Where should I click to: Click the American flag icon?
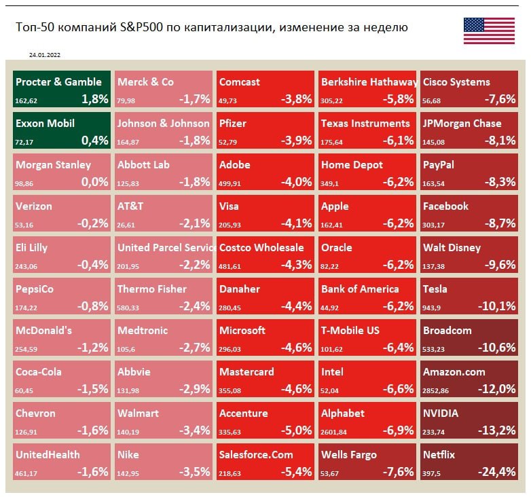pyautogui.click(x=488, y=31)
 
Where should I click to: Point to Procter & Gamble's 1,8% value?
pyautogui.click(x=94, y=98)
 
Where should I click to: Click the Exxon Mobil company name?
pyautogui.click(x=45, y=124)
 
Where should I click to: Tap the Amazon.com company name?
pyautogui.click(x=454, y=372)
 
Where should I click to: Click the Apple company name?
pyautogui.click(x=335, y=206)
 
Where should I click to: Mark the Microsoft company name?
pyautogui.click(x=242, y=331)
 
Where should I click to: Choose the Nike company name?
pyautogui.click(x=129, y=455)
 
